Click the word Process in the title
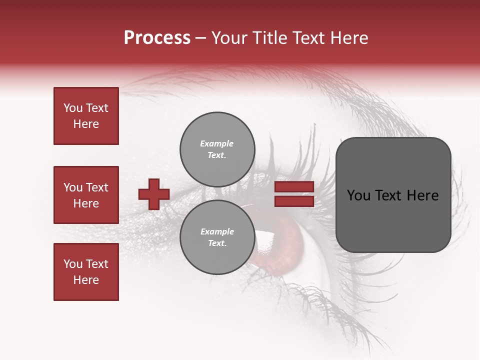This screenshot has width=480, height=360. click(157, 38)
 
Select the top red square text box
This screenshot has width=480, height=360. click(86, 116)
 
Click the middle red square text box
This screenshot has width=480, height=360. click(86, 195)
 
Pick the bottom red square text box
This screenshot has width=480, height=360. click(86, 272)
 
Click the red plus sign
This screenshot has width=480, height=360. click(154, 194)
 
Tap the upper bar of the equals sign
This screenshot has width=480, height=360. click(294, 187)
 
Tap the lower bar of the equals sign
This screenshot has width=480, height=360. click(294, 201)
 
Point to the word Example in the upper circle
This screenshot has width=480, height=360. click(217, 143)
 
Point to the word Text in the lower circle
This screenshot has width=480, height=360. click(217, 243)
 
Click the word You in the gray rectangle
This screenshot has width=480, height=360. click(359, 195)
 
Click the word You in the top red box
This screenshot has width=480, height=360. click(73, 108)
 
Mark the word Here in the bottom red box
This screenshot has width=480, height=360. click(86, 280)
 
